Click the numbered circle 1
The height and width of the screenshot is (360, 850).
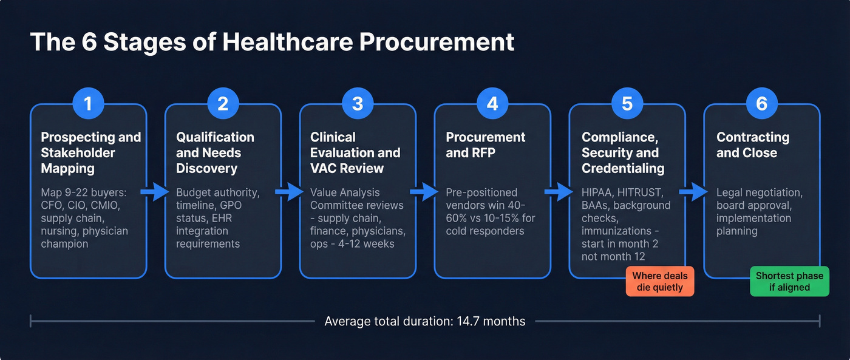89,104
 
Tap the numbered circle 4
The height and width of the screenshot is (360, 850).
492,104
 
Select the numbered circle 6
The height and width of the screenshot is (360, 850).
761,104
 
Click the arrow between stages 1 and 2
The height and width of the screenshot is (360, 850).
156,192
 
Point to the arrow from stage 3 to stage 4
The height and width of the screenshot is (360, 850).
425,192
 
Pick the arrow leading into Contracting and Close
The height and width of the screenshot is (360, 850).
694,192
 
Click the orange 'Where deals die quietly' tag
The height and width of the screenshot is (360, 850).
660,282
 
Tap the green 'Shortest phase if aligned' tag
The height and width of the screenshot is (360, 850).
789,282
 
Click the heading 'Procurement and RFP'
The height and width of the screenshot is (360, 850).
486,145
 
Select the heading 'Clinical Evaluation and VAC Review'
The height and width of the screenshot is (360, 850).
355,153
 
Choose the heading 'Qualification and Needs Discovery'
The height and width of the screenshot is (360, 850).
215,153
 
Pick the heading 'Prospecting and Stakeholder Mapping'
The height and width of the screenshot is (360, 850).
91,153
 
